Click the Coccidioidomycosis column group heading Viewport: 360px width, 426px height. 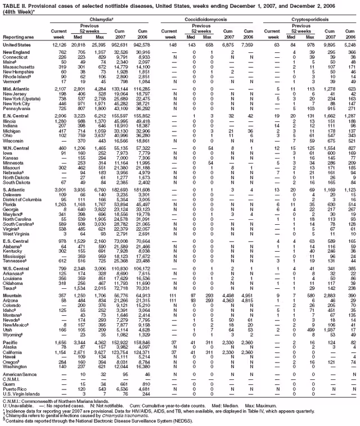[x=205, y=18]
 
